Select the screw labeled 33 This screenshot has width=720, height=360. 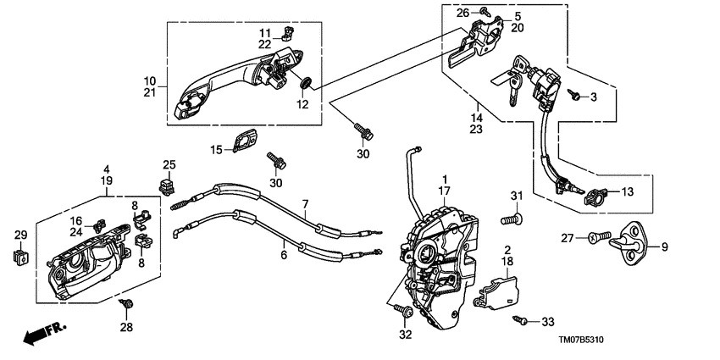[520, 320]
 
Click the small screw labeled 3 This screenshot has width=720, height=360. [574, 96]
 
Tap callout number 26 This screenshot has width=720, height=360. [462, 13]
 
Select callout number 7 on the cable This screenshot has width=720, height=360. [305, 205]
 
